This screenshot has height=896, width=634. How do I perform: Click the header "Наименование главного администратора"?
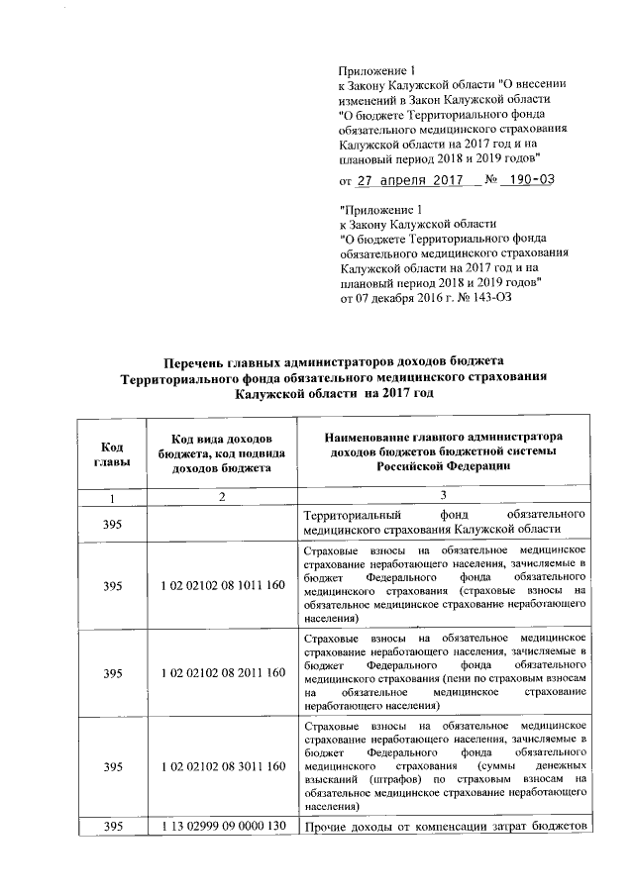pyautogui.click(x=442, y=438)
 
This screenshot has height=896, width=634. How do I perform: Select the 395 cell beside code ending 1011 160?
pyautogui.click(x=111, y=587)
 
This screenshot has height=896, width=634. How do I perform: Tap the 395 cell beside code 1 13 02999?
pyautogui.click(x=111, y=827)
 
